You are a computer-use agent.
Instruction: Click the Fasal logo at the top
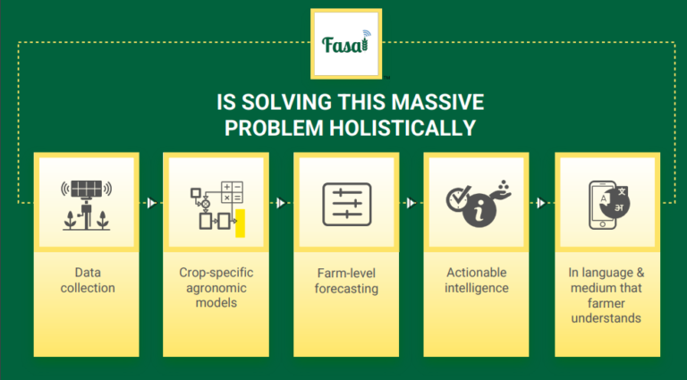(345, 44)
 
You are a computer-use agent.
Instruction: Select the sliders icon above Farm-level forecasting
(347, 205)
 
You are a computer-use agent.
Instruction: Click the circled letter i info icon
(479, 211)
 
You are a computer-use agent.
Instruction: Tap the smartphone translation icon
(609, 205)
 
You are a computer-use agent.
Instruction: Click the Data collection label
(88, 280)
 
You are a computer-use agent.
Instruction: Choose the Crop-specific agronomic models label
(216, 288)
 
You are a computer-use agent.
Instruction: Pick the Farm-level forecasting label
(346, 281)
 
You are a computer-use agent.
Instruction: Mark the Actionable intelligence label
(477, 280)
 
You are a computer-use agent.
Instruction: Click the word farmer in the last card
(606, 303)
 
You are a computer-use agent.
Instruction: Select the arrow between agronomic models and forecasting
(281, 203)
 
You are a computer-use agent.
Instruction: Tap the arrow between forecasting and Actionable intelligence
(411, 203)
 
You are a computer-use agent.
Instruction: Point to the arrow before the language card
(541, 203)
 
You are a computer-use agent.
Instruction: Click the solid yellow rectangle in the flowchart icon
(240, 224)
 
